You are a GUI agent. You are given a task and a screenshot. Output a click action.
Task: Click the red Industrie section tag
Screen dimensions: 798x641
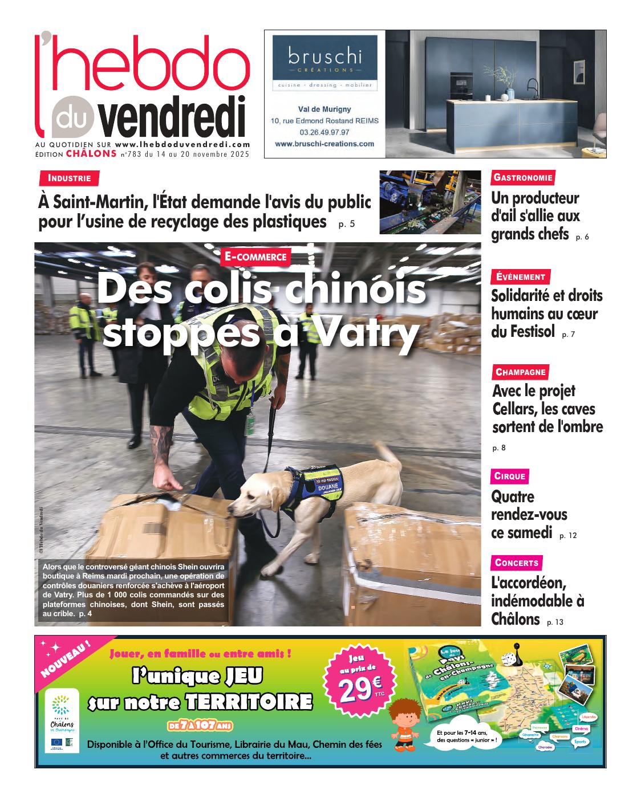[69, 178]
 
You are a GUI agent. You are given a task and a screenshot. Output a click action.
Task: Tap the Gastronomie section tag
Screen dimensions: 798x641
[523, 178]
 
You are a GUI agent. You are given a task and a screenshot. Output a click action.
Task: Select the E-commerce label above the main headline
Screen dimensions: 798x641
[255, 256]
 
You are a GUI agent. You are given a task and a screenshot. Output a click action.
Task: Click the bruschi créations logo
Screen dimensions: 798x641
[324, 62]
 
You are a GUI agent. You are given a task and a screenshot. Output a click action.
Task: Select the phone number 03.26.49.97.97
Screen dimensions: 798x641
[324, 132]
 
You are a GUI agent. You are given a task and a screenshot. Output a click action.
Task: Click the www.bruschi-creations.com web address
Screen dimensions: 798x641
[324, 144]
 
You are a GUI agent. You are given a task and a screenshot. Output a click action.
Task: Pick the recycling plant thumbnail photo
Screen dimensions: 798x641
[431, 202]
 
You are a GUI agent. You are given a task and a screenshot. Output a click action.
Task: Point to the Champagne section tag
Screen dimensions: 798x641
[521, 372]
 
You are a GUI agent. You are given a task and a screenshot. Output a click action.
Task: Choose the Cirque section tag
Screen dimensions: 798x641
[510, 476]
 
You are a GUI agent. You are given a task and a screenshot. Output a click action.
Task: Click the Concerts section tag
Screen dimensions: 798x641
[516, 563]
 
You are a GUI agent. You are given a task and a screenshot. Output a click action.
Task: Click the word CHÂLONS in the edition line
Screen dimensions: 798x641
[91, 153]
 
